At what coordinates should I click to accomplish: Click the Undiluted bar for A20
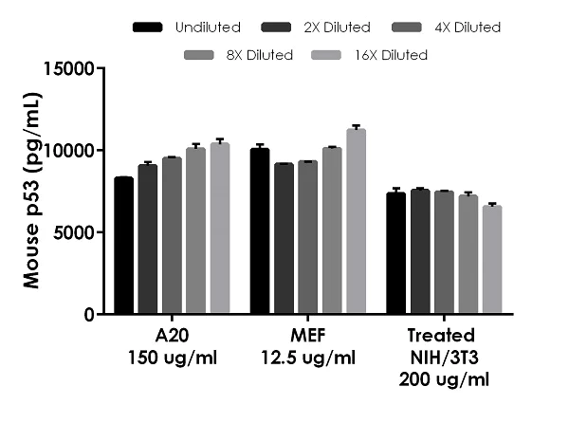pos(123,246)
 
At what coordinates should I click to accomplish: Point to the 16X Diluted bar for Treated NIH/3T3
pos(491,260)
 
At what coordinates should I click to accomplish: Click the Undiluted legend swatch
pos(147,28)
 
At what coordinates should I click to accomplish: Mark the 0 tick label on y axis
pos(86,314)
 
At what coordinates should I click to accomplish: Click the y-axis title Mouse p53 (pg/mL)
pos(30,191)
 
